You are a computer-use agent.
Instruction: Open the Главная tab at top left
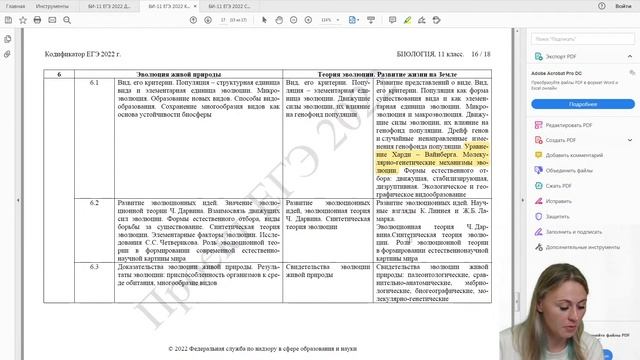point(15,6)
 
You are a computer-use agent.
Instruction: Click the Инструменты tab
point(51,6)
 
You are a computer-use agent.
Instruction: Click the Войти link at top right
point(623,6)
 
